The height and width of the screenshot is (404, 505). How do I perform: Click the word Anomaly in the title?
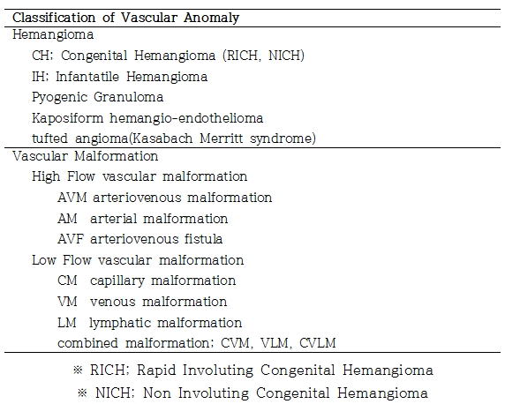click(x=211, y=18)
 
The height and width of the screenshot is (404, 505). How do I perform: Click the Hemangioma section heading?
click(x=53, y=35)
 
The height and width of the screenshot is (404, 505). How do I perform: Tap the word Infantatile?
click(x=87, y=77)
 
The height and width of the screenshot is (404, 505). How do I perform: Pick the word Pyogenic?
click(x=59, y=97)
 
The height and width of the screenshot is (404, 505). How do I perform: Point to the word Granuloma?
click(x=129, y=97)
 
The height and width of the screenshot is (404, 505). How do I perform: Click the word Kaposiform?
click(x=68, y=118)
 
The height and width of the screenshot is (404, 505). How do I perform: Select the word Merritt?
click(x=222, y=138)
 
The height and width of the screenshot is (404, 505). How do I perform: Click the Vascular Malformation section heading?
click(x=86, y=156)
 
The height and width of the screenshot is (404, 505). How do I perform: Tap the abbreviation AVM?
click(x=72, y=198)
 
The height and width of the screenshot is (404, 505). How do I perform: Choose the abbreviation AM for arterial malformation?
click(x=67, y=219)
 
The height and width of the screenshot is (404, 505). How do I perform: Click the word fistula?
click(x=203, y=239)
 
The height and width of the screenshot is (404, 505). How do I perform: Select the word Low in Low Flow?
click(x=44, y=260)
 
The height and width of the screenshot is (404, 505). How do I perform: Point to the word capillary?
click(x=117, y=281)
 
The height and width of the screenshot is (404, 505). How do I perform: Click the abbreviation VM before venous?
click(x=67, y=302)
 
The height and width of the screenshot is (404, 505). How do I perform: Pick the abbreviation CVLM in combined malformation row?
click(x=318, y=343)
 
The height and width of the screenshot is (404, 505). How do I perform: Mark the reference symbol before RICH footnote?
click(x=78, y=370)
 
